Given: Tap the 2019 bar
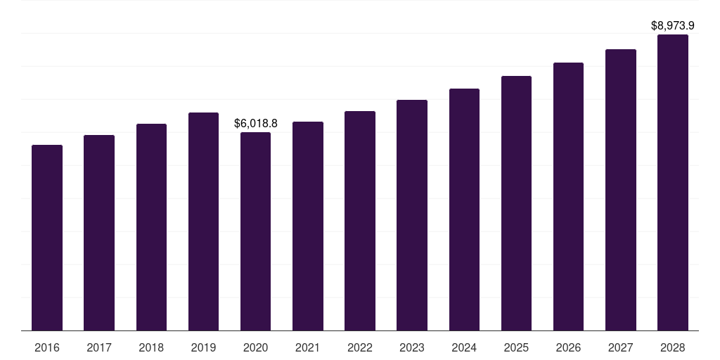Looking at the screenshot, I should [203, 221].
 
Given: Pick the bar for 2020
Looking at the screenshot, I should [255, 231].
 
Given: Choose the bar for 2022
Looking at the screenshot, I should [360, 221].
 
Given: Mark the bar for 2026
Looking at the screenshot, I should [568, 197].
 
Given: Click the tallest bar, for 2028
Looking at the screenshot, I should [673, 183].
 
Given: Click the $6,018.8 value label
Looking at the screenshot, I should [256, 124].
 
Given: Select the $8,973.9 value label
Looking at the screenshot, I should [673, 26].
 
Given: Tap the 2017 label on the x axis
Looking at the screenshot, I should [99, 347].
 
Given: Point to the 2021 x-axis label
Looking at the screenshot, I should [308, 347].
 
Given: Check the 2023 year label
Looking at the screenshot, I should [412, 347].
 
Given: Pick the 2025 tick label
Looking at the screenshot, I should [516, 347].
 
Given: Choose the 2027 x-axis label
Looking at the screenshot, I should [620, 347].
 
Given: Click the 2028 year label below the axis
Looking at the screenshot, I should [673, 347].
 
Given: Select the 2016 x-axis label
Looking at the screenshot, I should [47, 347].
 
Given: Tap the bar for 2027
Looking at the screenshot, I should [620, 190].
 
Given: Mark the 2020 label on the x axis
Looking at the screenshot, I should [255, 347].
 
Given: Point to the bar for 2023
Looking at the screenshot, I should [412, 215].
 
